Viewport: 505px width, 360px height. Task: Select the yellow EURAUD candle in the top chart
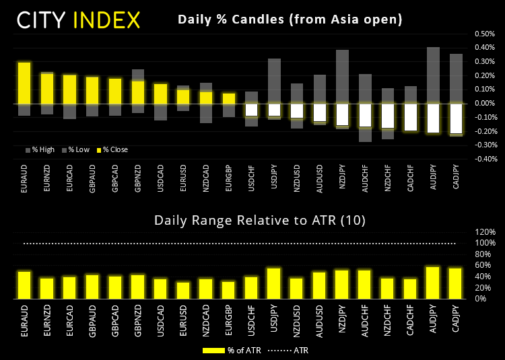(x=24, y=82)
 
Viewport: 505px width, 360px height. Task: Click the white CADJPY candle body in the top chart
(x=456, y=118)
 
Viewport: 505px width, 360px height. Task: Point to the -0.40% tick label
(x=484, y=159)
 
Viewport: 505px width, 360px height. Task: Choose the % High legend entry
(x=40, y=149)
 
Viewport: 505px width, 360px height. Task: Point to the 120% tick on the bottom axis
(x=486, y=231)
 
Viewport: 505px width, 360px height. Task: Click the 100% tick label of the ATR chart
(x=486, y=243)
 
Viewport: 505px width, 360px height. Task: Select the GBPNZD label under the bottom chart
(x=137, y=316)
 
